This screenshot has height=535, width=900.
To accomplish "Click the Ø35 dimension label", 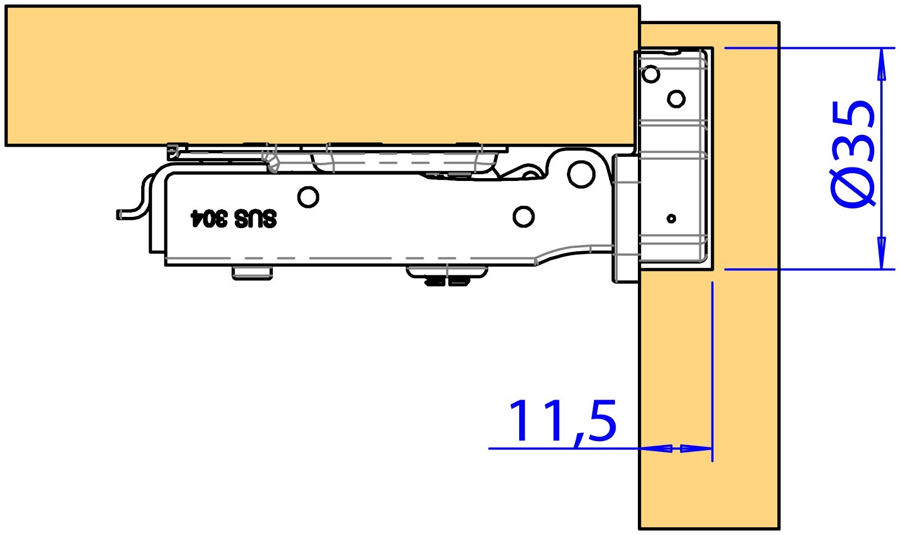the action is [x=852, y=155].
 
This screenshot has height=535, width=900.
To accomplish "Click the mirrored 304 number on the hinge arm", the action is [x=209, y=219].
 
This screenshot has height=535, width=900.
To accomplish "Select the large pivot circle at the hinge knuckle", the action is [x=582, y=174].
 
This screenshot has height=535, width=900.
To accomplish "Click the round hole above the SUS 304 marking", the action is [x=308, y=197].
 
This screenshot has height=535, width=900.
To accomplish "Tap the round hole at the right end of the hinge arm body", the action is [x=524, y=217].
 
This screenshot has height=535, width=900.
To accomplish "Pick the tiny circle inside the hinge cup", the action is [x=672, y=219].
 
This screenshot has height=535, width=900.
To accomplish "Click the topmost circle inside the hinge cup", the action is [x=651, y=74].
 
